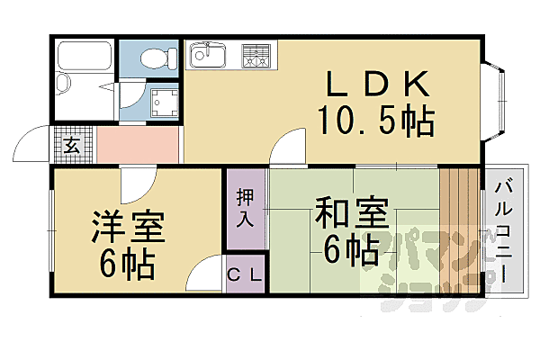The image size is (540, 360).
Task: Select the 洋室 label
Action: (128, 228)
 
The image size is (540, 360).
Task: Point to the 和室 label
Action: (352, 217)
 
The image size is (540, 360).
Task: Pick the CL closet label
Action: (245, 277)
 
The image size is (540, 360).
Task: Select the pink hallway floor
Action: (135, 144)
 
